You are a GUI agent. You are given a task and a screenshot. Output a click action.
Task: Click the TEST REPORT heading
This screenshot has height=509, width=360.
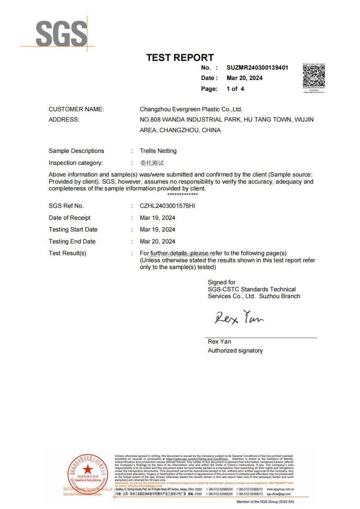point(180,58)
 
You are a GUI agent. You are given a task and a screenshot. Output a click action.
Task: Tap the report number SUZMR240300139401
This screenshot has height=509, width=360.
point(257,67)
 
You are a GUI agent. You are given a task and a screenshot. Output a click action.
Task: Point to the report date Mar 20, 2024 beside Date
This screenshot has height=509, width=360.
point(245,78)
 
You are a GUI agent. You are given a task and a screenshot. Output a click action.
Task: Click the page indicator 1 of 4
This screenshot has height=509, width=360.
point(235,89)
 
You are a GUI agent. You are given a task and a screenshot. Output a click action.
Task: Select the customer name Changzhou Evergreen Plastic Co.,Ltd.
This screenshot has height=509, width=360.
point(191,109)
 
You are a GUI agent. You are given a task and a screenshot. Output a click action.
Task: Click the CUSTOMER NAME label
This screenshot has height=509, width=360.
point(76,109)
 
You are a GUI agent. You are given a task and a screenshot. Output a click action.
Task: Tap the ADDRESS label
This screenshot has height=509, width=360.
point(64,120)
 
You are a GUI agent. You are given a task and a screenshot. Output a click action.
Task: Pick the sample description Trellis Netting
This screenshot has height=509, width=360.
point(158,151)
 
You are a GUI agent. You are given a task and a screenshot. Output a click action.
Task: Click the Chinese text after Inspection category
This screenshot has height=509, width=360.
point(152,163)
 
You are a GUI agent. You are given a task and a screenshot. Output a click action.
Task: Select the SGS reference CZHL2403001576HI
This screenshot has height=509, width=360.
point(168,206)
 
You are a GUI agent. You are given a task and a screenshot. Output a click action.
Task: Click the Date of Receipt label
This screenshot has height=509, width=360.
point(69,218)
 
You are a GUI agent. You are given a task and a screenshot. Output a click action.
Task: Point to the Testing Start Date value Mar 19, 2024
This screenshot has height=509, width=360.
point(157,229)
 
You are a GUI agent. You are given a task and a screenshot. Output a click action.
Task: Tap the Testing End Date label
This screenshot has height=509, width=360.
point(72,241)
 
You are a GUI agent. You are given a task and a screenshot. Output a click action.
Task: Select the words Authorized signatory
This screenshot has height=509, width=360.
point(235,350)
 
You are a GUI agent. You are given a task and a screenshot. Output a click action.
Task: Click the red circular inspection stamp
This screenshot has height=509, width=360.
point(88,472)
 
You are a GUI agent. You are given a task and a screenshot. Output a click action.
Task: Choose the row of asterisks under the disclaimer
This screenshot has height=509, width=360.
point(182,194)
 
